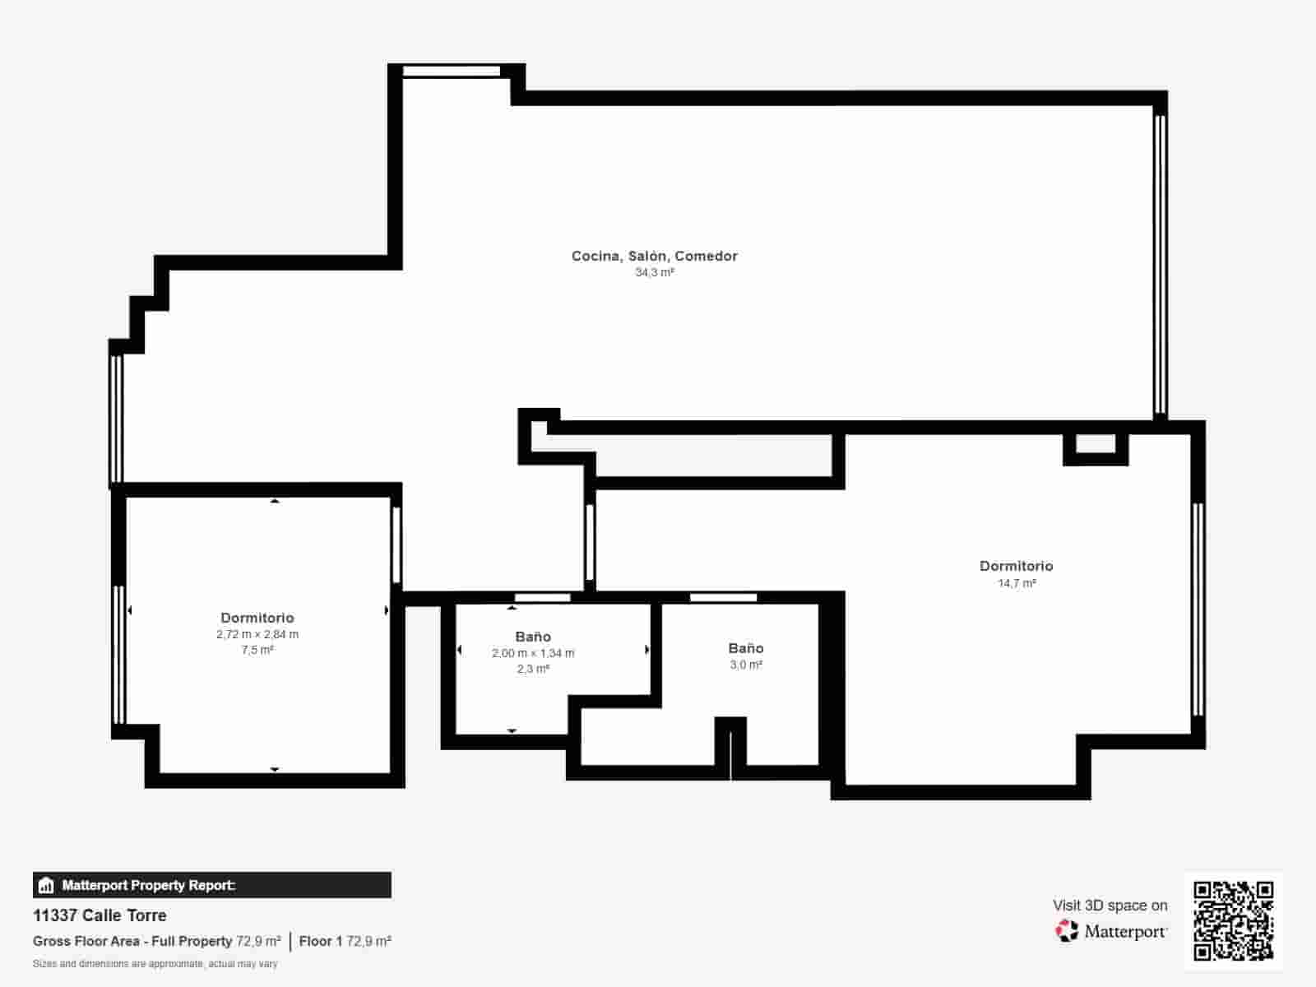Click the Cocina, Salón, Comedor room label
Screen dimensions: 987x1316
(654, 256)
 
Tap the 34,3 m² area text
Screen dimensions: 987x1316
(654, 272)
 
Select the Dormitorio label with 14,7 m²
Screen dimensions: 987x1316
(1016, 566)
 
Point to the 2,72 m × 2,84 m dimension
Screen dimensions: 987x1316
(257, 634)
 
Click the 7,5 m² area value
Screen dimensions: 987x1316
(257, 650)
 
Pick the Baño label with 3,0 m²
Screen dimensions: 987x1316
(746, 648)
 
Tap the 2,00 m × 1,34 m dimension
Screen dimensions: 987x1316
(533, 653)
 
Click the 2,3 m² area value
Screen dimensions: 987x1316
(533, 669)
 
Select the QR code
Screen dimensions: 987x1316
(1233, 920)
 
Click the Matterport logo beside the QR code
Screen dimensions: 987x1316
(1111, 931)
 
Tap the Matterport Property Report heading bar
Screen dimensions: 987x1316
(212, 885)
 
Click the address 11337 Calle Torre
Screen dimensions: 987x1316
(100, 915)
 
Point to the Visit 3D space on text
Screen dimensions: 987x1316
(1110, 905)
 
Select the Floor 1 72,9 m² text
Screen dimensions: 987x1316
(345, 941)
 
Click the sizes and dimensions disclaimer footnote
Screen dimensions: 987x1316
(155, 963)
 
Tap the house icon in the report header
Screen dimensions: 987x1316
(46, 886)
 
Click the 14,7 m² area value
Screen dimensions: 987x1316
(1017, 583)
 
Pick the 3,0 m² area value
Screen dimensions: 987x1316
(746, 665)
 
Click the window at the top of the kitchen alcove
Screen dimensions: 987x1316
(451, 72)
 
